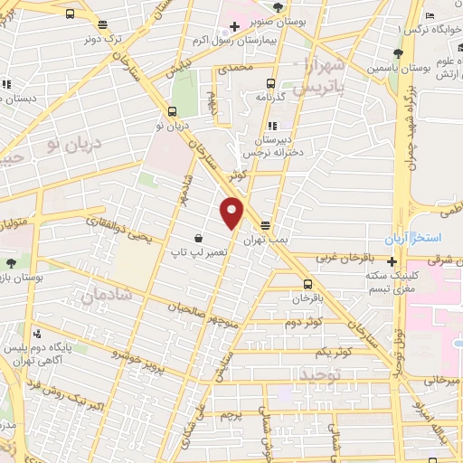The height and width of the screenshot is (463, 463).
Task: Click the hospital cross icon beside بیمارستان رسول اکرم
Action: click(234, 26)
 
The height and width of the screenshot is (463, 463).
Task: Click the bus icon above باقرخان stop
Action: click(308, 282)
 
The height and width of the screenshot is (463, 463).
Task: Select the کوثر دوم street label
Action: click(305, 322)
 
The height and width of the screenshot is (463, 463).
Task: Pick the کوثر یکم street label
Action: click(333, 351)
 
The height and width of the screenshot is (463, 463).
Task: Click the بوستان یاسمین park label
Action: click(392, 69)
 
